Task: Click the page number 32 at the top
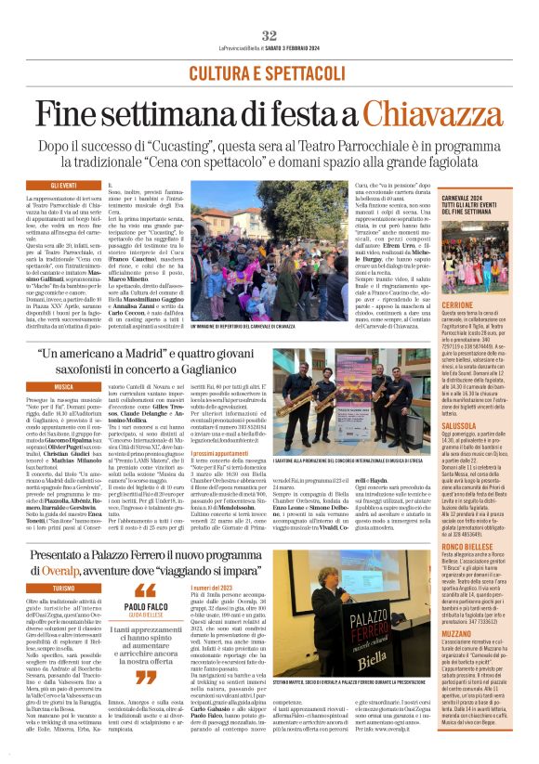click(x=269, y=34)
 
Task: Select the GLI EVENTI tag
click(x=63, y=186)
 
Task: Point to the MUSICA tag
click(x=63, y=385)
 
